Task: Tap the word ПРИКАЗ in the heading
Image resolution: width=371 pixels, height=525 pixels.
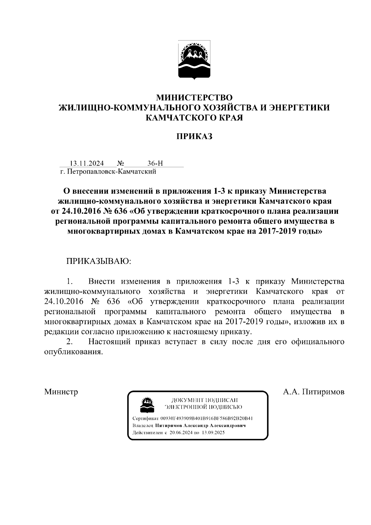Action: [x=194, y=136]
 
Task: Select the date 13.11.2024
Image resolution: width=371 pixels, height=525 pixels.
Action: [x=87, y=163]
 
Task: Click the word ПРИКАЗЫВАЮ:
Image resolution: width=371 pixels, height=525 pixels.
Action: [x=99, y=261]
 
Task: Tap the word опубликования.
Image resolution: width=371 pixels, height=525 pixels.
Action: [x=73, y=352]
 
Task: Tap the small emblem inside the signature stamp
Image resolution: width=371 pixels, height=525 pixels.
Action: [x=146, y=404]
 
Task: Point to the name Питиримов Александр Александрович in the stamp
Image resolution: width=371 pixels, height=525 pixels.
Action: [x=201, y=426]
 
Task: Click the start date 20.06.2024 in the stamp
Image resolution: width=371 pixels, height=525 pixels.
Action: [x=181, y=433]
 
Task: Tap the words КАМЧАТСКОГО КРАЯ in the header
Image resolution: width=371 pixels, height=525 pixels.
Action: [x=194, y=118]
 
